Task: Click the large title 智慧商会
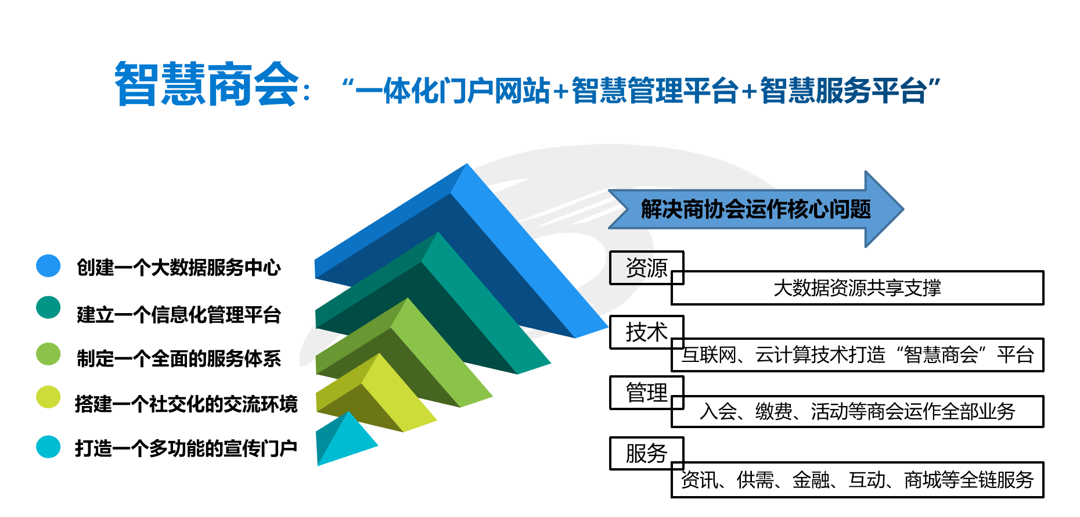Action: click(207, 84)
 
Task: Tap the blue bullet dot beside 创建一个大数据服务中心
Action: click(48, 265)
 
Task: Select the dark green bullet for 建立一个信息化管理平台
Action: click(48, 308)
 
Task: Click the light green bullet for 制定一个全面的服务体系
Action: click(48, 354)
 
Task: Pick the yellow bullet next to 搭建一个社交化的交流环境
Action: click(48, 397)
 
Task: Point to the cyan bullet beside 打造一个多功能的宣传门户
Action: click(48, 447)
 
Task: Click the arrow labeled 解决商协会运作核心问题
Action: click(755, 209)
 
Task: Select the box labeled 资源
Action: click(647, 268)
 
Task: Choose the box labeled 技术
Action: click(647, 332)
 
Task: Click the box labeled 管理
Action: click(647, 393)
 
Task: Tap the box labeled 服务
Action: click(647, 453)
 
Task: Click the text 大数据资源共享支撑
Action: click(857, 288)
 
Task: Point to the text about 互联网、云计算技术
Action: click(857, 354)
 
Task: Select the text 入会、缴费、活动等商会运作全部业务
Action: click(857, 411)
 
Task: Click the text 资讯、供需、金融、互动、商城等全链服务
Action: click(857, 480)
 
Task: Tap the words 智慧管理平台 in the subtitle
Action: click(655, 91)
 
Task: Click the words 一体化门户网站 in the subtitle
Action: click(453, 91)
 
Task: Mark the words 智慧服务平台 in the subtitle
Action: click(843, 91)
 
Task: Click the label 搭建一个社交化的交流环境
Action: click(186, 404)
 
